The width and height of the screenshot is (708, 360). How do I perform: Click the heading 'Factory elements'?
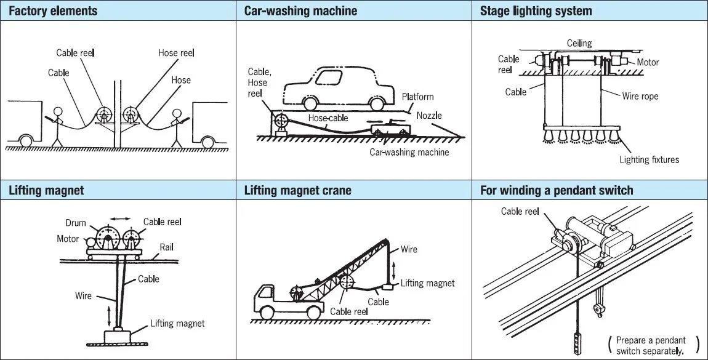click(x=53, y=11)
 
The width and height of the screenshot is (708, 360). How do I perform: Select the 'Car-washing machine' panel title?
click(x=300, y=11)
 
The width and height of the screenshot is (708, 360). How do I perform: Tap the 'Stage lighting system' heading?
click(x=536, y=11)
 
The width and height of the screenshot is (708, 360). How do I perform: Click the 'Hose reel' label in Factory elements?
click(x=176, y=53)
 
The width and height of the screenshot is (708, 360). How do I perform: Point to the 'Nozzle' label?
click(x=429, y=115)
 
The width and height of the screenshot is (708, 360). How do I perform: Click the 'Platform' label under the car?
click(x=417, y=97)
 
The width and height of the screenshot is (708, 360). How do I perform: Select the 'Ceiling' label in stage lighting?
click(x=579, y=43)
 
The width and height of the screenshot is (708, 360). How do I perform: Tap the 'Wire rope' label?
click(x=640, y=96)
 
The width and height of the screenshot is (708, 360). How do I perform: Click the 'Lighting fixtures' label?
click(x=649, y=159)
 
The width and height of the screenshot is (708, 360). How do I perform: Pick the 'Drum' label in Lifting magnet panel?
click(x=76, y=223)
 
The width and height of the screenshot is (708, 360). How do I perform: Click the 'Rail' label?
click(x=166, y=247)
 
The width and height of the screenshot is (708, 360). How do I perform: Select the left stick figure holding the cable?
click(x=57, y=126)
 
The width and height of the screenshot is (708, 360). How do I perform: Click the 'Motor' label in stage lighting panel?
click(x=648, y=62)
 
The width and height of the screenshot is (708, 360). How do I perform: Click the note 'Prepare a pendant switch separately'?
click(x=653, y=345)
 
